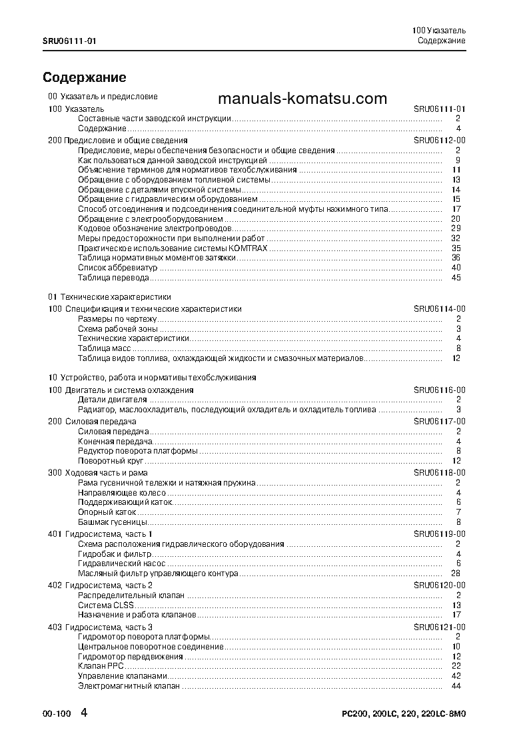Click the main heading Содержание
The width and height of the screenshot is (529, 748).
coord(84,77)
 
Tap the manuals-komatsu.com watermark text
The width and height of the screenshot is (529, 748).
coord(302,99)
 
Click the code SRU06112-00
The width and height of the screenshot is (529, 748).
coord(439,141)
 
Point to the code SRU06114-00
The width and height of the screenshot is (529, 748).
coord(439,309)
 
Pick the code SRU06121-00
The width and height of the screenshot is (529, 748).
coord(439,627)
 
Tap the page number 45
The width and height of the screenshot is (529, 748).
coord(456,278)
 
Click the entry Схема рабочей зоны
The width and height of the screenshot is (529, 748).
coord(118,329)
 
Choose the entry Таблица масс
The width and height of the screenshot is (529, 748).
coord(105,348)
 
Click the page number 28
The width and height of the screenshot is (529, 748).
coord(456,573)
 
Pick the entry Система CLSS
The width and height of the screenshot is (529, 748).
coord(105,605)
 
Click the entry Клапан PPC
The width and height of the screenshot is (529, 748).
coord(101,666)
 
